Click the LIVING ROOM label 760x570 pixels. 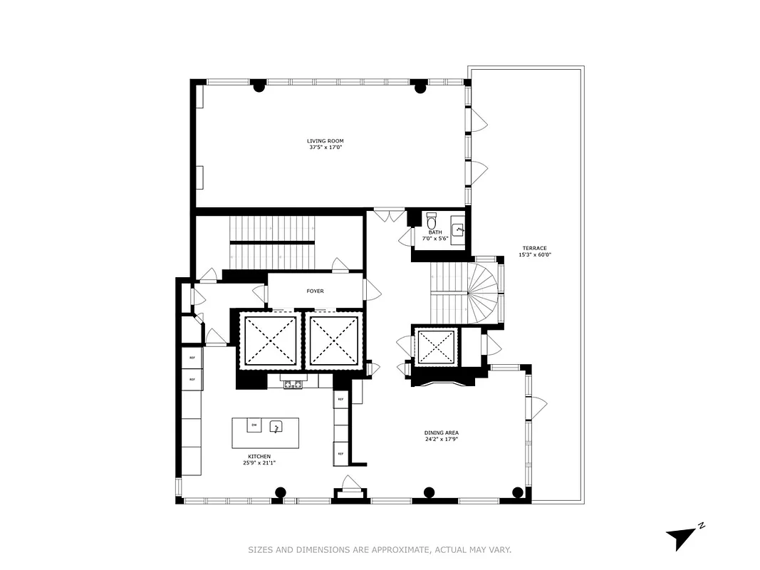pyautogui.click(x=325, y=141)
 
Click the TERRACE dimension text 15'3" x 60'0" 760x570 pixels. pyautogui.click(x=535, y=254)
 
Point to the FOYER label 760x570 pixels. pyautogui.click(x=315, y=291)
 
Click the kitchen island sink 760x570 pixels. pyautogui.click(x=276, y=427)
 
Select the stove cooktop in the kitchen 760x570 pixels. pyautogui.click(x=292, y=385)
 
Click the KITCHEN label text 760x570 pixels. pyautogui.click(x=259, y=456)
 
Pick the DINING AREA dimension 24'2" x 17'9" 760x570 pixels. pyautogui.click(x=442, y=439)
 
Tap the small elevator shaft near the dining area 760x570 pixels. pyautogui.click(x=435, y=348)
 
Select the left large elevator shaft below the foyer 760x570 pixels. pyautogui.click(x=270, y=340)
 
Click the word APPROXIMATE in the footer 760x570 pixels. pyautogui.click(x=401, y=549)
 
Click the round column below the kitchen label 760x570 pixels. pyautogui.click(x=281, y=492)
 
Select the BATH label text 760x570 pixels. pyautogui.click(x=435, y=232)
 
